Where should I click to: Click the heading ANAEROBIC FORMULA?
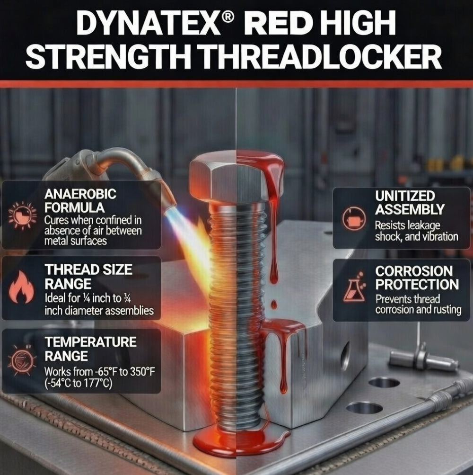(80, 200)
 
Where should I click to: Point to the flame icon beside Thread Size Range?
(21, 287)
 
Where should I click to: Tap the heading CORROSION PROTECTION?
(417, 278)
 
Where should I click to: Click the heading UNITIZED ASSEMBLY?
(410, 203)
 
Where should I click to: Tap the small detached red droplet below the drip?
(274, 304)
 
